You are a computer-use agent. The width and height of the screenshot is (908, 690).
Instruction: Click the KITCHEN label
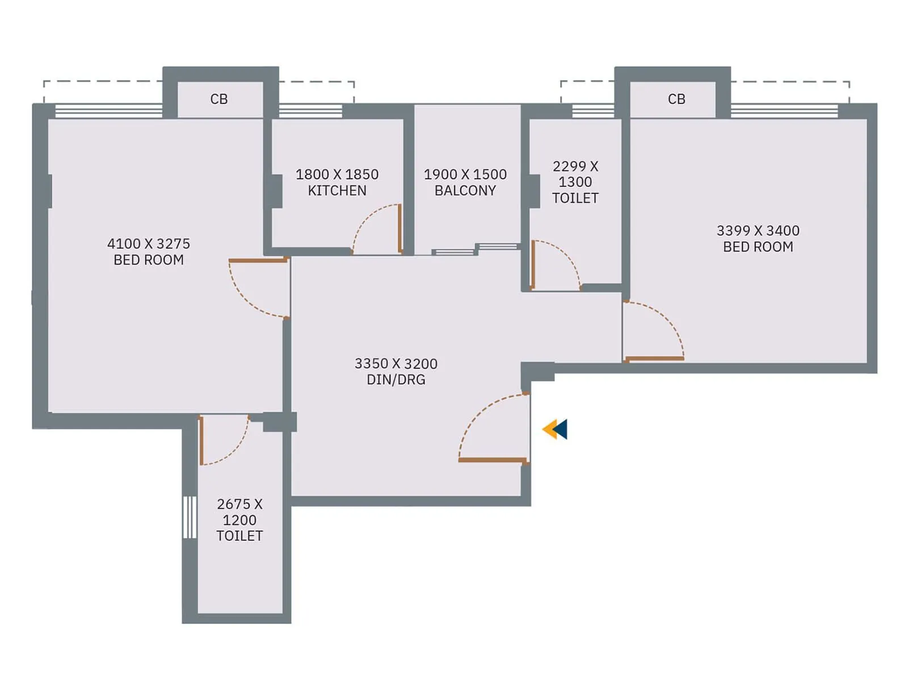(337, 191)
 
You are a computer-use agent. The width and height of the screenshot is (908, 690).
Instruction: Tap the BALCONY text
(465, 191)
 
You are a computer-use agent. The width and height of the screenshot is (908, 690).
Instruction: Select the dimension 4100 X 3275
(149, 243)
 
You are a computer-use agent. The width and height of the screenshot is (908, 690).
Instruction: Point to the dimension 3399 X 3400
(758, 230)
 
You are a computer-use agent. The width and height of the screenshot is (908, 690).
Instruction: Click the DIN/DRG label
(396, 380)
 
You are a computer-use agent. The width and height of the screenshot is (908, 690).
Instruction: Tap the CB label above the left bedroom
(219, 99)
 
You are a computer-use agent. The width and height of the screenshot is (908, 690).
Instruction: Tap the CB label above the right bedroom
(676, 99)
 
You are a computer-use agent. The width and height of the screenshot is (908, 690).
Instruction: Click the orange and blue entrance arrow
(554, 429)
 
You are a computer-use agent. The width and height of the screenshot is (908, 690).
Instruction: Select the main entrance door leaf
(493, 460)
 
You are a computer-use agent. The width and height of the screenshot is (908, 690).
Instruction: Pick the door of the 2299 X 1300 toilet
(533, 264)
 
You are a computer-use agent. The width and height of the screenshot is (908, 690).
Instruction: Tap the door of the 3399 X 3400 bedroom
(654, 359)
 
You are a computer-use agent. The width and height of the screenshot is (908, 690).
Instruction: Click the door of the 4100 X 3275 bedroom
(258, 260)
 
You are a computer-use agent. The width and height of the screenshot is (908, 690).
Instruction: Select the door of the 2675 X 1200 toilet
(201, 440)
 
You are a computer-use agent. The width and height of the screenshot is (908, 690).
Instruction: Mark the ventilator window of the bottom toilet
(189, 517)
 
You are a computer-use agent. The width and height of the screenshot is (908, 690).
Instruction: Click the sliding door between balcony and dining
(476, 249)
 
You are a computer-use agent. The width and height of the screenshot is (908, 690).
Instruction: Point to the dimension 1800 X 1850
(337, 174)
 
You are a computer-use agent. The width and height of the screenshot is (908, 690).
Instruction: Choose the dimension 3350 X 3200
(396, 363)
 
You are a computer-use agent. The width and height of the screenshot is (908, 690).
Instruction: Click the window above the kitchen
(310, 111)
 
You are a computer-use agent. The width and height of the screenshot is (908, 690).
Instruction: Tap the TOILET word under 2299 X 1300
(575, 198)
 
